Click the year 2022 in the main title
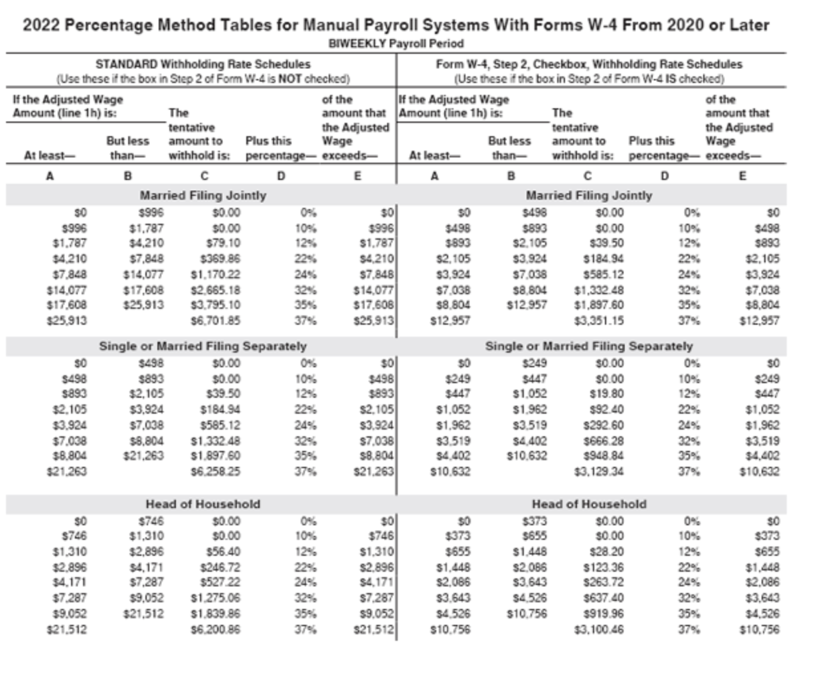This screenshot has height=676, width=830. (41, 25)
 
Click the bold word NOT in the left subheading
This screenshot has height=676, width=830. (293, 78)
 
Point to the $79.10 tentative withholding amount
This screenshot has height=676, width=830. (224, 243)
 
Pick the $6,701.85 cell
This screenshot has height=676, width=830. (216, 321)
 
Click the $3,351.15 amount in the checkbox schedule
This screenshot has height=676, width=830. (599, 321)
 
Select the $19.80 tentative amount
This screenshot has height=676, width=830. (607, 394)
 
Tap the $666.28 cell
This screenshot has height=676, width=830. (604, 441)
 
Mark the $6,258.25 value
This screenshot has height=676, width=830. (216, 471)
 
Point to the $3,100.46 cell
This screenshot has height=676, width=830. (599, 630)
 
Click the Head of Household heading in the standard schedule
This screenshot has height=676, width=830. (203, 504)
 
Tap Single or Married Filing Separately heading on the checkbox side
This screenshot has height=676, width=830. (589, 346)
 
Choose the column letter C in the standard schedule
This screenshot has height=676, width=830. (205, 177)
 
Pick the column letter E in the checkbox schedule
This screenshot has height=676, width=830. (742, 177)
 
